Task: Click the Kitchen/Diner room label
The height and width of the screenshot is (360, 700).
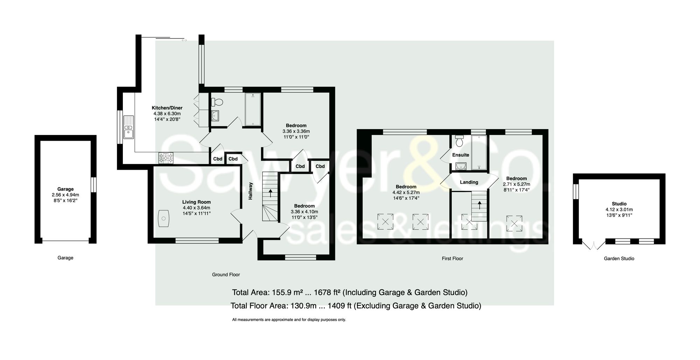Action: [x=167, y=108]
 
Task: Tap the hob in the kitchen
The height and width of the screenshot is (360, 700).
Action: [x=166, y=158]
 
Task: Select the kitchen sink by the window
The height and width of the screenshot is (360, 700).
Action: [x=128, y=127]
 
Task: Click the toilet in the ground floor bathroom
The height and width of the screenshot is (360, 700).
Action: [x=217, y=102]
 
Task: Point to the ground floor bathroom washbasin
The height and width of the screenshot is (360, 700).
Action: [x=215, y=115]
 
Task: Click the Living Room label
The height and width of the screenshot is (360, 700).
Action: [x=196, y=202]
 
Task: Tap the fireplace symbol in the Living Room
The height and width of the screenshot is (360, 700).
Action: [x=163, y=219]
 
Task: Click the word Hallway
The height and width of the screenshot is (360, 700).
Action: [x=251, y=191]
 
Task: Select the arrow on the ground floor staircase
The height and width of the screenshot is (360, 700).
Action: [x=270, y=192]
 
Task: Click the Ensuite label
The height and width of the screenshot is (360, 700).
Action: [x=461, y=155]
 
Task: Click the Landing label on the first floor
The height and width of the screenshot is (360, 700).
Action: [x=469, y=182]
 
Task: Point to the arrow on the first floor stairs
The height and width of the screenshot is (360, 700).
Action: [x=479, y=204]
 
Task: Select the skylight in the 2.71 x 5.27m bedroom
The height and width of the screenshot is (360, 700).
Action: [x=514, y=223]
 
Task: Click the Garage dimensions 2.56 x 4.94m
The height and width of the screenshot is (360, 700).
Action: [x=65, y=195]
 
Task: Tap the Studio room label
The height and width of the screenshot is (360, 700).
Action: [x=619, y=204]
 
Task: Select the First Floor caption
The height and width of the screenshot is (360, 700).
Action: [x=452, y=259]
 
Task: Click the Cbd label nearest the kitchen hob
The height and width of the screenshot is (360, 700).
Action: [x=218, y=159]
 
